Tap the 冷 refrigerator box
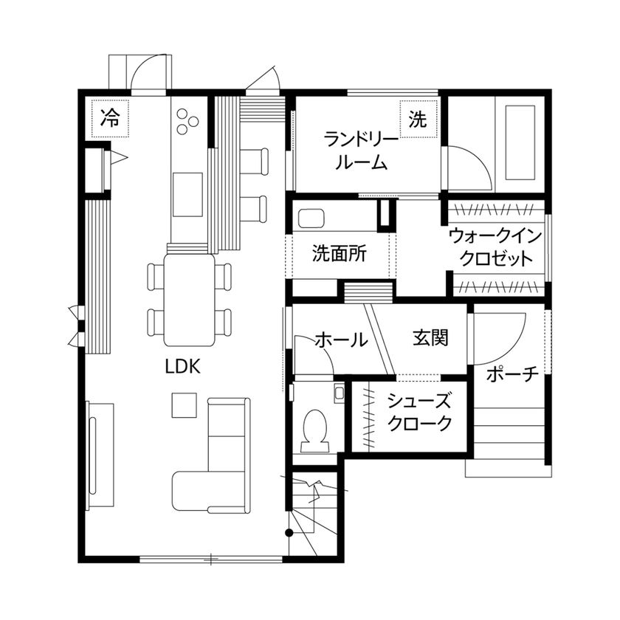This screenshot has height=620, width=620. [x=110, y=117]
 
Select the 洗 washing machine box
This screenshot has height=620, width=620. [x=418, y=120]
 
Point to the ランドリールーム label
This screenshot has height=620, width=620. [x=361, y=150]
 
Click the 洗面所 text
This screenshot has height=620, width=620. [x=339, y=255]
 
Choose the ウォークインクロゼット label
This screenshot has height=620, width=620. [x=495, y=248]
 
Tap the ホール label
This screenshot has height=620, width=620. [x=341, y=340]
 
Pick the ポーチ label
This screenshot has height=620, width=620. [x=512, y=374]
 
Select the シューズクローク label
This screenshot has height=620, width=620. [x=418, y=413]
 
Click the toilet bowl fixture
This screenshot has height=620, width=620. [x=315, y=428]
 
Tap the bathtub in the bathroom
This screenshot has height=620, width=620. [x=519, y=142]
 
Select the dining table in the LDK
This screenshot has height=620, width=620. [x=190, y=299]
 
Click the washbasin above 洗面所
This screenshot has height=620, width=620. [x=311, y=219]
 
